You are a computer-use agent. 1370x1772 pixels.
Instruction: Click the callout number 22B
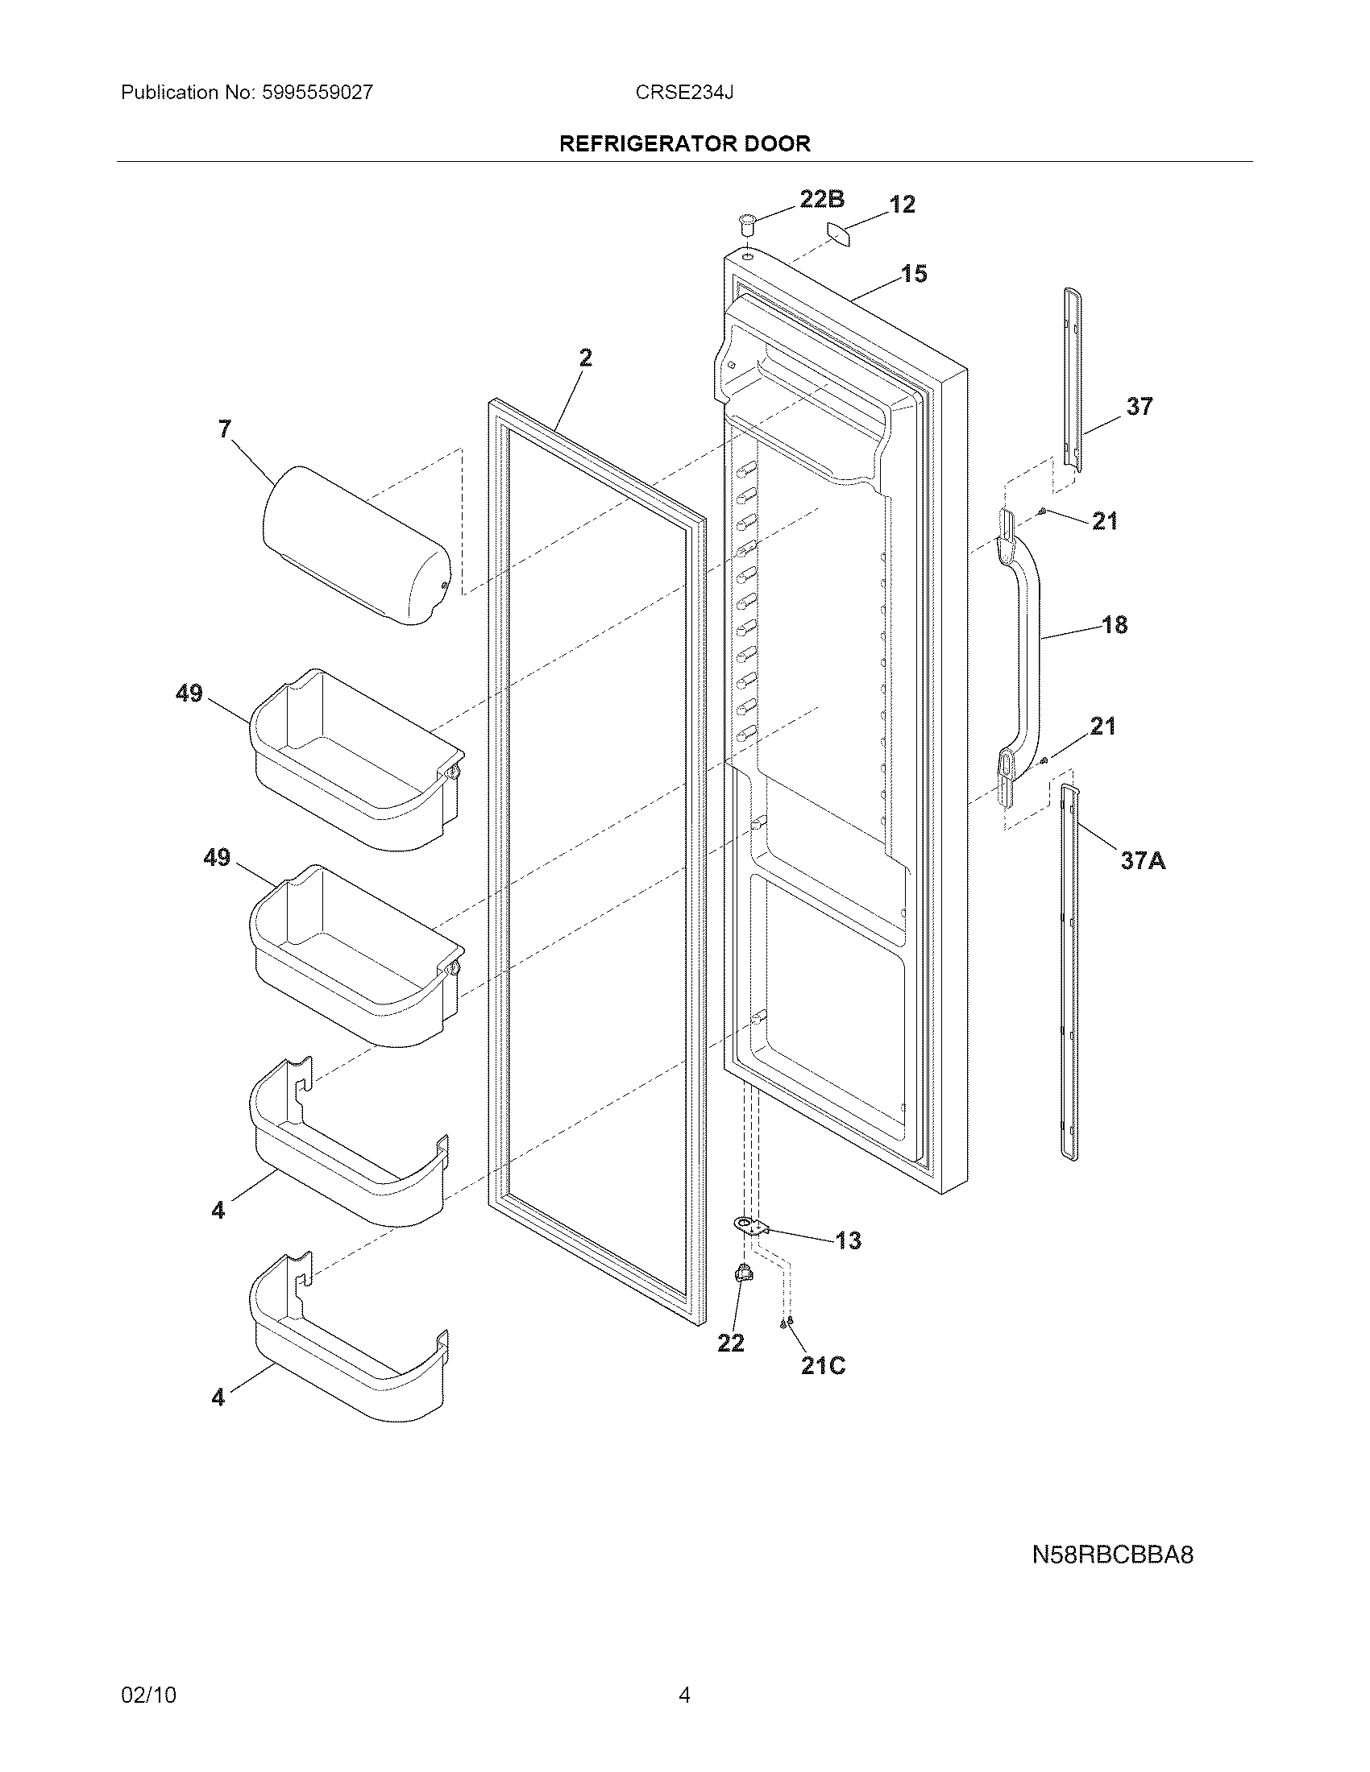point(821,199)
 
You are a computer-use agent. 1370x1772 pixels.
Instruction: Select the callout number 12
point(902,204)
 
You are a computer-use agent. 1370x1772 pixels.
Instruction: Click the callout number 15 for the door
point(914,274)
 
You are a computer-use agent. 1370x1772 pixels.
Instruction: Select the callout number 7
point(225,429)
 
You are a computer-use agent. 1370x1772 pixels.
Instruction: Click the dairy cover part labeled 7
point(357,544)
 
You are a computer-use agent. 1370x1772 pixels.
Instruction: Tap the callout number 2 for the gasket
point(585,358)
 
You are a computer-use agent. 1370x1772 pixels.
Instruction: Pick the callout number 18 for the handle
point(1115,625)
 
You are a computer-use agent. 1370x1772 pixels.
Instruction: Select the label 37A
point(1143,860)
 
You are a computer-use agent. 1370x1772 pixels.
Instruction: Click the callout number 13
point(847,1240)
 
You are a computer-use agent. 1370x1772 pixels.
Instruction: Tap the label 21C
point(823,1366)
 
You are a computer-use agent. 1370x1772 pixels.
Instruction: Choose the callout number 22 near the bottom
point(730,1343)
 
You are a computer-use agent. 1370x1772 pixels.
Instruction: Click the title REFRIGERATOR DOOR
point(685,143)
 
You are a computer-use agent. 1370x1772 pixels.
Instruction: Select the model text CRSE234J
point(684,93)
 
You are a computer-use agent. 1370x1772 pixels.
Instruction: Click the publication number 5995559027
point(318,93)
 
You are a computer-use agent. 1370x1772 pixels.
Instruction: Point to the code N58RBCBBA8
point(1113,1555)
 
